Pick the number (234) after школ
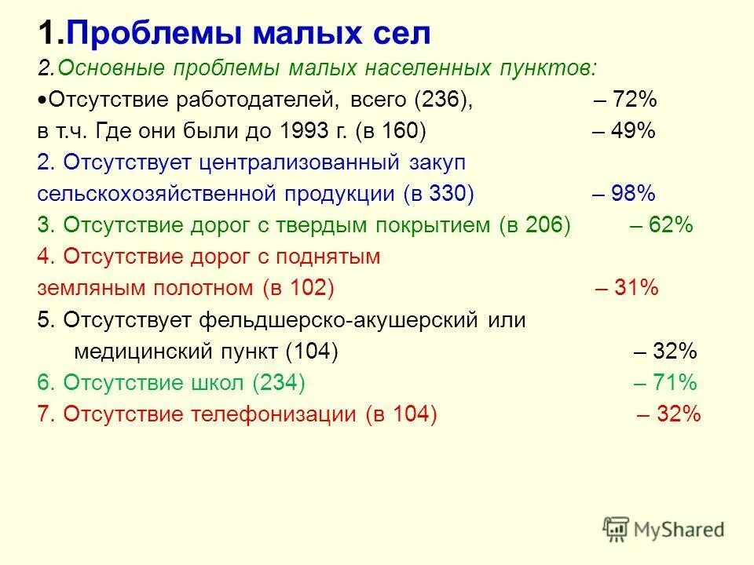pos(279,383)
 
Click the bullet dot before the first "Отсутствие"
pos(42,101)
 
